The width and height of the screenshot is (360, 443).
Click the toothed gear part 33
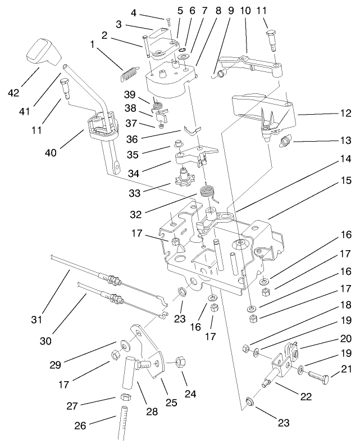(x=184, y=180)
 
